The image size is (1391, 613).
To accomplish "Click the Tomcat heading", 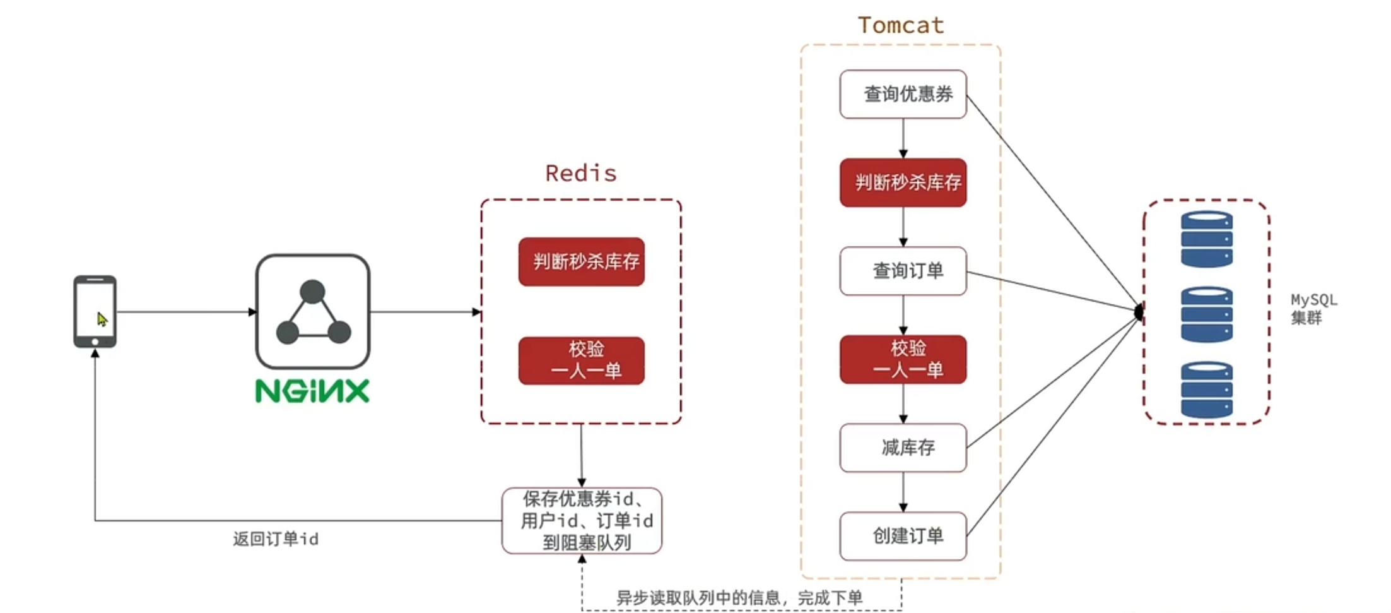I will [x=900, y=25].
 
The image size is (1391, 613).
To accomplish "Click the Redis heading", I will [x=580, y=173].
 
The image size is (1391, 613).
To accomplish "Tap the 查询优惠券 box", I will [x=903, y=94].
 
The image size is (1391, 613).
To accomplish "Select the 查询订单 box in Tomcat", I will [x=903, y=271].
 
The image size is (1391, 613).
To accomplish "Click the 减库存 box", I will [x=903, y=448].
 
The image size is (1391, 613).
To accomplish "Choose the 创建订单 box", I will [x=903, y=536].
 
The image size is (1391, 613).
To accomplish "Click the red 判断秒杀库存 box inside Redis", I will [x=581, y=261].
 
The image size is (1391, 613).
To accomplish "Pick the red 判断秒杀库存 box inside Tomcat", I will [x=903, y=182].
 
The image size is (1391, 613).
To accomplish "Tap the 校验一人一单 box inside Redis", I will [x=581, y=360].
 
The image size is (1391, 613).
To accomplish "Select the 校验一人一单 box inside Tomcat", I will [x=903, y=359].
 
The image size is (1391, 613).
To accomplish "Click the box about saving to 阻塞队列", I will [x=582, y=521].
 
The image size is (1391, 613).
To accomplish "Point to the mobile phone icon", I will [x=95, y=311].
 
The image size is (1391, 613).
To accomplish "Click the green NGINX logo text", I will [x=312, y=391].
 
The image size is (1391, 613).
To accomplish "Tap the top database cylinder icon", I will [x=1206, y=239].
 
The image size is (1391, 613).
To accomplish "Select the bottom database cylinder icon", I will [x=1206, y=390].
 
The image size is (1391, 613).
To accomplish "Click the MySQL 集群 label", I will [x=1313, y=309].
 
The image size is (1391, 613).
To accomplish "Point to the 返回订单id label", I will [x=276, y=539].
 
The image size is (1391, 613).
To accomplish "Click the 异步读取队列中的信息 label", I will [x=739, y=597].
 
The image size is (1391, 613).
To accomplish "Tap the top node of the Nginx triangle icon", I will [x=312, y=292].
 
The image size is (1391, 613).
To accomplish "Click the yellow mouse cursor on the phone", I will [x=102, y=319].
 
